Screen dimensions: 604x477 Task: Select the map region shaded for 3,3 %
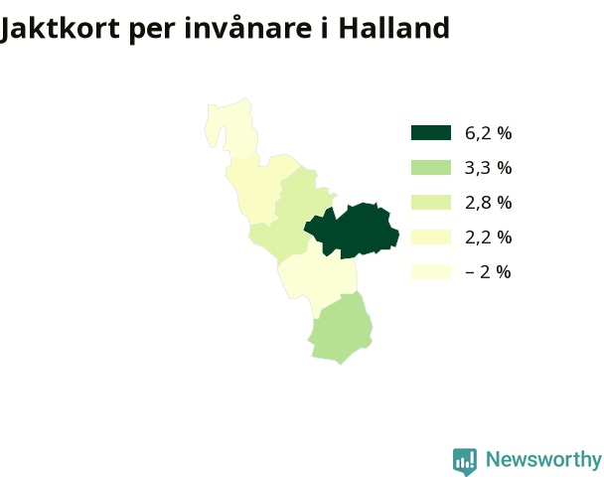341,330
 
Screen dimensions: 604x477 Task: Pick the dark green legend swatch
431,132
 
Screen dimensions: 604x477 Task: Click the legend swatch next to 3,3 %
431,168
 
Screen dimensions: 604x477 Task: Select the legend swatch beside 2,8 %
431,203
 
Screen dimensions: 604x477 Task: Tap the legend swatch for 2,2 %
431,237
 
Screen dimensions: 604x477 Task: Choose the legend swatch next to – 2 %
431,271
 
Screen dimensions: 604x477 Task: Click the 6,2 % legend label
489,133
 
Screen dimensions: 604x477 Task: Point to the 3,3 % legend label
489,168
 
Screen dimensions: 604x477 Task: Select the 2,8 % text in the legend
489,203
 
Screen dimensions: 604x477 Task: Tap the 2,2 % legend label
489,238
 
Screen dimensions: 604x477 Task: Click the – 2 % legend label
488,272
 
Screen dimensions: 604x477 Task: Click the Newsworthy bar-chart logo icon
465,461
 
